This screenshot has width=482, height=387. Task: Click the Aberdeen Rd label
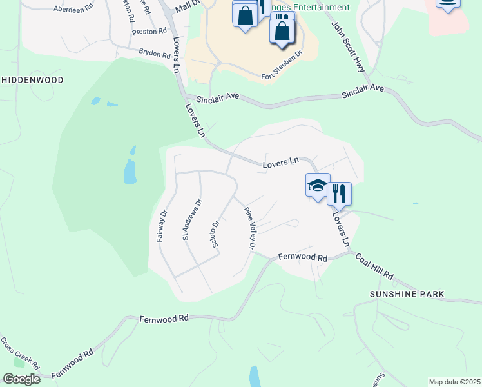click(x=73, y=9)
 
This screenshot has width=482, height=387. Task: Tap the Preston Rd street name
click(x=149, y=30)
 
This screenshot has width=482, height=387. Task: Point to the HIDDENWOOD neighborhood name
click(x=32, y=80)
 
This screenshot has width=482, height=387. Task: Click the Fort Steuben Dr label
click(x=282, y=68)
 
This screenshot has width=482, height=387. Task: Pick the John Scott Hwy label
click(x=349, y=46)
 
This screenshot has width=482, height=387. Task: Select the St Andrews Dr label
click(x=191, y=220)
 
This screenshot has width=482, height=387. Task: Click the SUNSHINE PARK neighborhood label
click(x=407, y=294)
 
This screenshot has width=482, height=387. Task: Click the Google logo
click(x=21, y=379)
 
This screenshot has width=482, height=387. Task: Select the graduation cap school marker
click(x=317, y=186)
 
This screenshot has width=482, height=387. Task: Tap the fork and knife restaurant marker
click(x=339, y=192)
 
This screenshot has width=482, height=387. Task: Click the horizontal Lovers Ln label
click(x=281, y=164)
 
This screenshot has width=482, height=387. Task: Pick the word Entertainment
click(x=318, y=8)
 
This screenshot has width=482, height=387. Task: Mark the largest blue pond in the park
click(x=130, y=171)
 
